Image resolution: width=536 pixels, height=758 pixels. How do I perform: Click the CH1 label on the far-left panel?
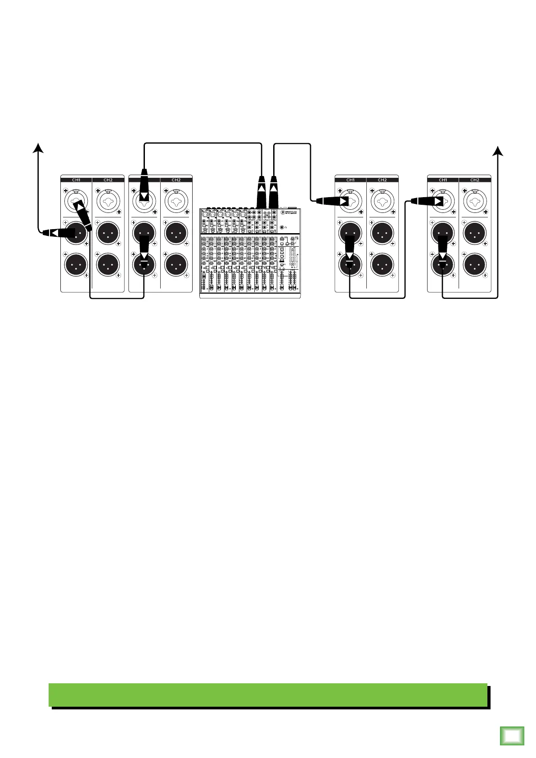76,180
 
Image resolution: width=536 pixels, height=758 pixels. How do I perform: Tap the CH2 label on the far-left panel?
108,180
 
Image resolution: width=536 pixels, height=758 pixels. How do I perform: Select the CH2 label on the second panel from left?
176,180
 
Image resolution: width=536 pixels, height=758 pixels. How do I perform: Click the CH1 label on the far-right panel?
443,180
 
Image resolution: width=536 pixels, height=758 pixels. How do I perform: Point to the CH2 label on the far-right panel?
475,180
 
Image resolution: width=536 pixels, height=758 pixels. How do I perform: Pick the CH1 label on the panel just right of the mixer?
350,180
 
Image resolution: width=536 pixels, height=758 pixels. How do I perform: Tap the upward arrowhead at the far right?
498,150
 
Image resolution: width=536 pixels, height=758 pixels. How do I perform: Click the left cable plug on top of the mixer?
261,191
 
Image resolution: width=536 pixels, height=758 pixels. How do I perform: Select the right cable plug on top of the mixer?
273,191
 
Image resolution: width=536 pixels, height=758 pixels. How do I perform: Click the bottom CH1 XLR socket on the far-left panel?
76,264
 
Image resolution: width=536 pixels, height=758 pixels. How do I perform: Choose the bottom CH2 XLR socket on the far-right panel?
475,264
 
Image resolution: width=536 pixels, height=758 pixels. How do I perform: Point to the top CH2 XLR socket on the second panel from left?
176,232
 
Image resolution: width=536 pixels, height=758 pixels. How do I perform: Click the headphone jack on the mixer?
282,228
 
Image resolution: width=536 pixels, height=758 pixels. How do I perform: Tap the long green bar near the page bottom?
268,695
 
